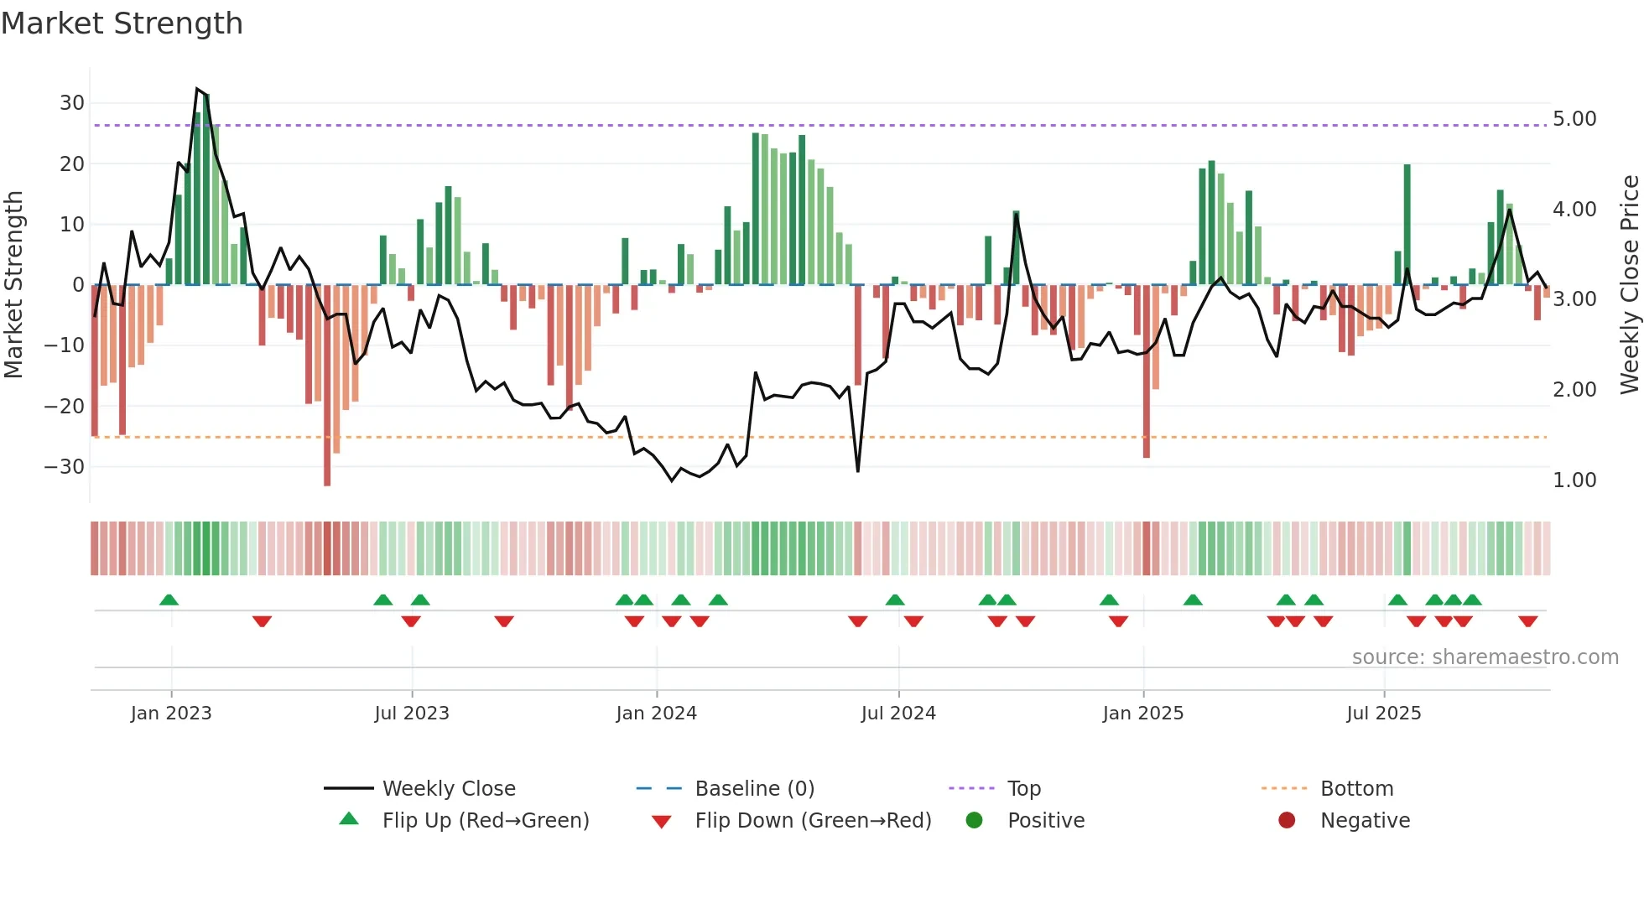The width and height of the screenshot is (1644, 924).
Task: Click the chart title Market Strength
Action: pos(122,23)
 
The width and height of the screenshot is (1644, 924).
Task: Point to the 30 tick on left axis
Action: pos(72,103)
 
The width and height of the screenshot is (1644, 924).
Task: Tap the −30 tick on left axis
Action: pos(65,466)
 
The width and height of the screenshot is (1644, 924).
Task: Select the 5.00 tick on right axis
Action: pos(1574,119)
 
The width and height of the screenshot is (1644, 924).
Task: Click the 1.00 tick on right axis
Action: pos(1574,480)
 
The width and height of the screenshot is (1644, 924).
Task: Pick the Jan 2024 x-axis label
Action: pos(656,714)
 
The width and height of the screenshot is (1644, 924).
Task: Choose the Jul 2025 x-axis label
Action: pos(1383,714)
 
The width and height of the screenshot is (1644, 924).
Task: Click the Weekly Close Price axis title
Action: pos(1629,285)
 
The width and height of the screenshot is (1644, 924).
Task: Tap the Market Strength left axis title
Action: pos(13,285)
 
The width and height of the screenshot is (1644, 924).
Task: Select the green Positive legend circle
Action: pos(974,821)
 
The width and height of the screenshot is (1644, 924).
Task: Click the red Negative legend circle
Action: pos(1287,821)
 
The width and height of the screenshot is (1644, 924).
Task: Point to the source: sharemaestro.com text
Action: pos(1485,657)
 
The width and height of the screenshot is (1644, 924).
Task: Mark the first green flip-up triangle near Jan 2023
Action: pos(169,600)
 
